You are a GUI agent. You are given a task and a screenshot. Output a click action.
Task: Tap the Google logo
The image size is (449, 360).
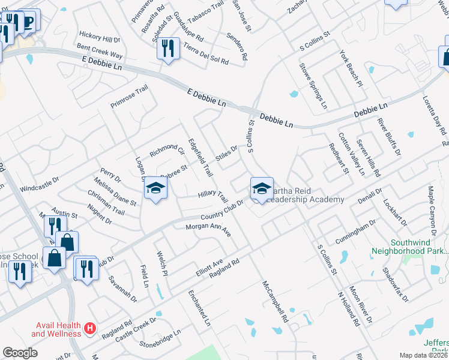20,353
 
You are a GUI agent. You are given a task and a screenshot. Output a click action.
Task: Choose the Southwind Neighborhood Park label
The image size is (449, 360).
410,245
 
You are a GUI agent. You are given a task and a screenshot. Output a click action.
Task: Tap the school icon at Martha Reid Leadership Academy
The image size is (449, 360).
262,188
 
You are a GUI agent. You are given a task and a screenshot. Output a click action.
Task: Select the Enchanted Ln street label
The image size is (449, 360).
199,308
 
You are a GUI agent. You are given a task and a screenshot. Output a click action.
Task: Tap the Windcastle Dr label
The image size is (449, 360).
40,184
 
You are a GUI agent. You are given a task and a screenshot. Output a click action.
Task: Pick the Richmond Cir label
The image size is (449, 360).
167,149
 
